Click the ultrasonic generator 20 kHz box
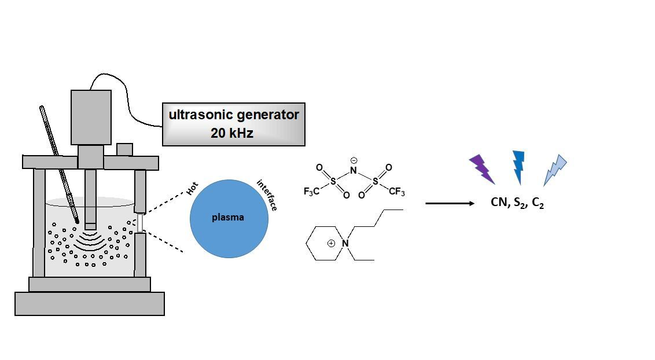pyautogui.click(x=233, y=124)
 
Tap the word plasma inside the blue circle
pyautogui.click(x=228, y=218)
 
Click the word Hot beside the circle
pyautogui.click(x=193, y=189)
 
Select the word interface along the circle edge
pyautogui.click(x=267, y=195)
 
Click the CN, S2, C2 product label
pyautogui.click(x=517, y=203)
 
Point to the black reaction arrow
pyautogui.click(x=450, y=203)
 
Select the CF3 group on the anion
pyautogui.click(x=396, y=192)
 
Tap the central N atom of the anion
pyautogui.click(x=354, y=171)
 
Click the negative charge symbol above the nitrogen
pyautogui.click(x=354, y=160)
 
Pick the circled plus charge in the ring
pyautogui.click(x=331, y=243)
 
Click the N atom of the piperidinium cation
pyautogui.click(x=345, y=243)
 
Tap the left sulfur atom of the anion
pyautogui.click(x=333, y=181)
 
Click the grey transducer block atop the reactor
pyautogui.click(x=91, y=117)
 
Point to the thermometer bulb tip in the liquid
pyautogui.click(x=77, y=221)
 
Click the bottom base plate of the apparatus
pyautogui.click(x=90, y=303)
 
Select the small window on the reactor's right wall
pyautogui.click(x=139, y=222)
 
